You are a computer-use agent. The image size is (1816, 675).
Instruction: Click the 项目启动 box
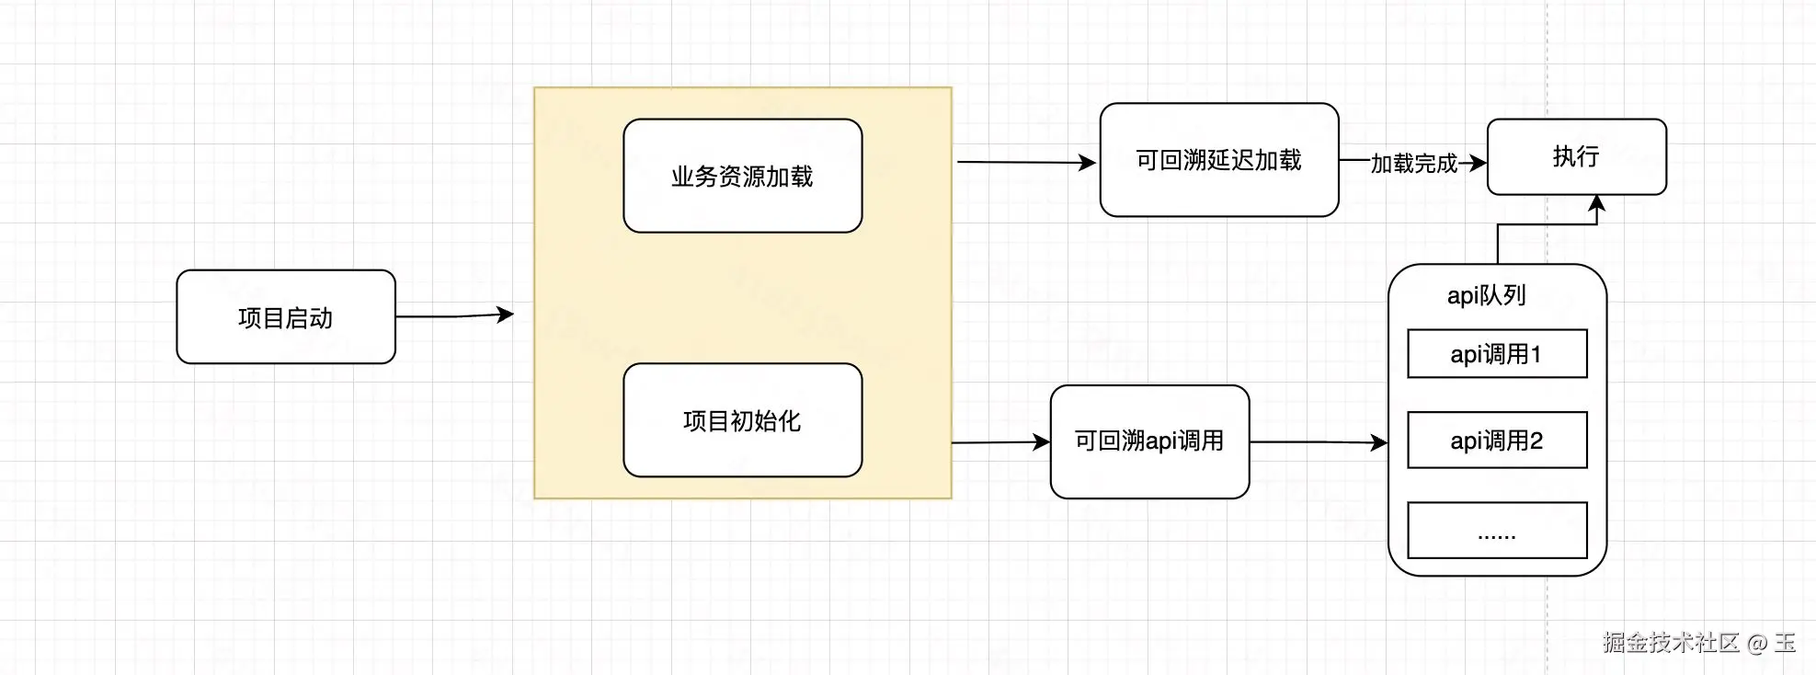point(285,316)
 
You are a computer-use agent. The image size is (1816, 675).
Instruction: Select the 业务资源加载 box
point(742,176)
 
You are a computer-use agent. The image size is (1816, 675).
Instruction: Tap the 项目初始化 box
point(742,420)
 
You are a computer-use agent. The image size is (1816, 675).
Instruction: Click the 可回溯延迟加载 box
point(1218,160)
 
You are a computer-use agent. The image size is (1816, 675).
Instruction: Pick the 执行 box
point(1576,156)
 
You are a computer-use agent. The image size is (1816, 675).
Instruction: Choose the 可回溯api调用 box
point(1149,441)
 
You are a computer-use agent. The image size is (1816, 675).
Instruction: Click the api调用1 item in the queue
point(1497,354)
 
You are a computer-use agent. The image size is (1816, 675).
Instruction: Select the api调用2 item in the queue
point(1497,440)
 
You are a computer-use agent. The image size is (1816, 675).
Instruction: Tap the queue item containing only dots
point(1497,531)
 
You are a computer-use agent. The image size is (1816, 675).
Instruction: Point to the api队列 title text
point(1487,295)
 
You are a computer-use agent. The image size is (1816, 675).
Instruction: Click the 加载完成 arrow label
point(1413,164)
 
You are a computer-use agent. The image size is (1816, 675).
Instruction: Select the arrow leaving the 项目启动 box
point(454,315)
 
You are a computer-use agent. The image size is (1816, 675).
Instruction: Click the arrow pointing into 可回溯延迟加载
point(1026,163)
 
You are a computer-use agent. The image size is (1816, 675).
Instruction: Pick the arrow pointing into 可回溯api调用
point(1000,442)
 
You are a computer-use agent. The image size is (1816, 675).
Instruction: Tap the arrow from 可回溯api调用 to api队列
point(1318,442)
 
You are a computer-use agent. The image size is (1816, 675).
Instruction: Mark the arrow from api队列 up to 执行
point(1499,241)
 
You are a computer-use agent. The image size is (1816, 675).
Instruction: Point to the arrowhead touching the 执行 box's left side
point(1478,164)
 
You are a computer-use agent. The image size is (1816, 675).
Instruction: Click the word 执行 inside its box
point(1576,156)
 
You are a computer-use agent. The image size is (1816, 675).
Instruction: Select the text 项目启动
point(285,318)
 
